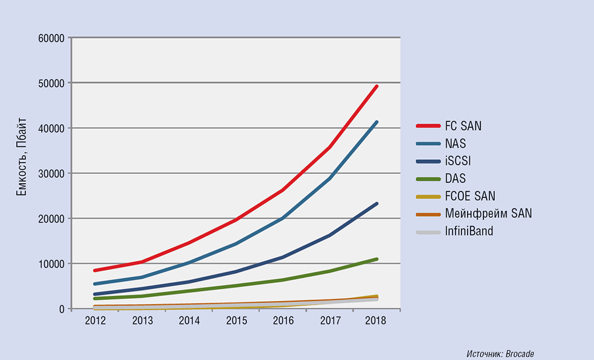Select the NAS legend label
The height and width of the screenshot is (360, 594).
coord(457,143)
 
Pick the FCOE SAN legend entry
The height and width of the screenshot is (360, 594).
coord(469,195)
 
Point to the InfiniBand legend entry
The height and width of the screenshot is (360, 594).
coord(469,230)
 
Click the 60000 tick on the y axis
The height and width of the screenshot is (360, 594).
coord(50,38)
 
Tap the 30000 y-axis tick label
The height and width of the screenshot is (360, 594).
coord(50,173)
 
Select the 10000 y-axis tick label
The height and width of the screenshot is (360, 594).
coord(50,264)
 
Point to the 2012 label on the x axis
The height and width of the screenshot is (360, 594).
coord(95,321)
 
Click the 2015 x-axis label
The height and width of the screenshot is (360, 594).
coord(236,321)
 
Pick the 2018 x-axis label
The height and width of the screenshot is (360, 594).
coord(376,321)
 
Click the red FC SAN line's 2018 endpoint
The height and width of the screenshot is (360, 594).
coord(376,87)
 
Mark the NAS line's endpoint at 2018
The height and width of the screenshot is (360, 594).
coord(376,122)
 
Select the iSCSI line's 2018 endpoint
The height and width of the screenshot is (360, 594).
coord(376,204)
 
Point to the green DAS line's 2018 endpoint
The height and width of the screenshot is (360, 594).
coord(376,259)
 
